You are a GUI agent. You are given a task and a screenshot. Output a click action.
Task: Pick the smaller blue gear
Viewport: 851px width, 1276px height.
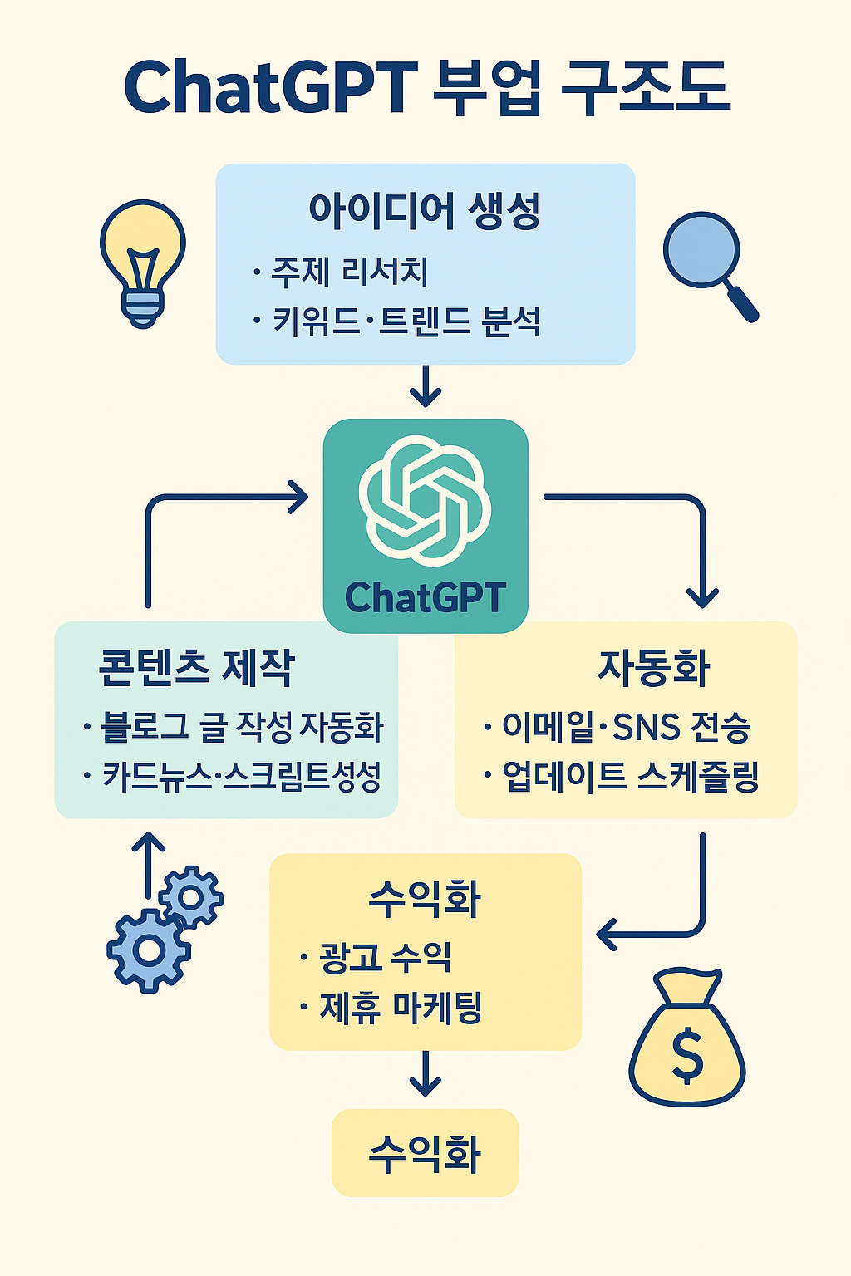191,897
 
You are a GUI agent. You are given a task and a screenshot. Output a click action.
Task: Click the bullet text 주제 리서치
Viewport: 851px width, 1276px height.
349,272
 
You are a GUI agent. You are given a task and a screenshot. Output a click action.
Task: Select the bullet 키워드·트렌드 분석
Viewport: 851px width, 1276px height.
406,321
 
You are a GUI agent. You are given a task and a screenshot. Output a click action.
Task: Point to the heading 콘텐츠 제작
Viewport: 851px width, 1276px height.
197,667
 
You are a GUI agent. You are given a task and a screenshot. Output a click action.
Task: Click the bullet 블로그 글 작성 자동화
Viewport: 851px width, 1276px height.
241,727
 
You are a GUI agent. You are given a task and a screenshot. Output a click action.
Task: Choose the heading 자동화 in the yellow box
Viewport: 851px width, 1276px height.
654,667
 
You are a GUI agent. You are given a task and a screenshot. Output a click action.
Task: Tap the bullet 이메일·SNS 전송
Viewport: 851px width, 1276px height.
627,727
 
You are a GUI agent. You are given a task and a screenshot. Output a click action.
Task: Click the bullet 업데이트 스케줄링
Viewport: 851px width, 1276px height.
631,777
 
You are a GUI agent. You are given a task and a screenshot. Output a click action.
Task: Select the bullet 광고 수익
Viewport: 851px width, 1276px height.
385,958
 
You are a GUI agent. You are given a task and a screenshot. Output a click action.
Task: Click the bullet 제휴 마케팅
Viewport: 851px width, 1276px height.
401,1008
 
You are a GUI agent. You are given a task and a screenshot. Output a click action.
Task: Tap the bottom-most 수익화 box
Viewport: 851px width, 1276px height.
425,1153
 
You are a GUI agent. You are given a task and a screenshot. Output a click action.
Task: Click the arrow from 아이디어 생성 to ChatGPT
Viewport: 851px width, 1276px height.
425,386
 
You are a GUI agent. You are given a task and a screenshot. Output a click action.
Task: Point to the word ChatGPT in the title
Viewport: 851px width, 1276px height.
270,87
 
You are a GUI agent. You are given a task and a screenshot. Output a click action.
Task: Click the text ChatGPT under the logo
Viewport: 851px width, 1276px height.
425,597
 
